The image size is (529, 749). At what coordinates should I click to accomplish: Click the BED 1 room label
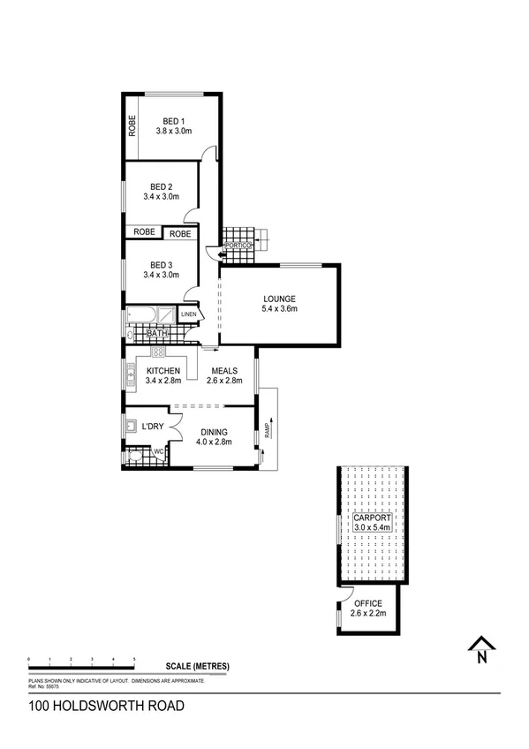172,121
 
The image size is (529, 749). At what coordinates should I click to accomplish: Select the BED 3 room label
161,264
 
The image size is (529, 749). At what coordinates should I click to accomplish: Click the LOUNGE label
279,298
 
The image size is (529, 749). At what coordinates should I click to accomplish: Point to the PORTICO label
238,245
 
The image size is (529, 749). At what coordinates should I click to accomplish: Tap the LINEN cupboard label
189,314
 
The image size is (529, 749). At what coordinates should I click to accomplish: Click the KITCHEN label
163,371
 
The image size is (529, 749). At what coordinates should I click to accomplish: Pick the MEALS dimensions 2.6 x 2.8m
223,382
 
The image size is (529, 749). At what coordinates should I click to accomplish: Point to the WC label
159,453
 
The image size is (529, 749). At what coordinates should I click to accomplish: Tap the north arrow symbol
480,649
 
